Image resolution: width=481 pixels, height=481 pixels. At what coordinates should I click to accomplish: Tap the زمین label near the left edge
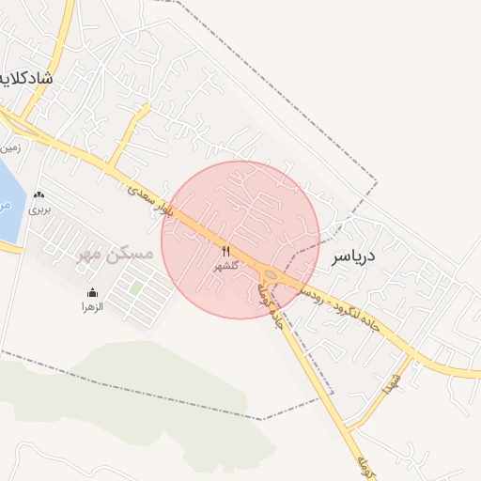(11, 147)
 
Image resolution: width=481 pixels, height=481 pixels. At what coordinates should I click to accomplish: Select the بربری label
(39, 209)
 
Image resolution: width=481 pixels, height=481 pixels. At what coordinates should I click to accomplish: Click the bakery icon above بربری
(39, 195)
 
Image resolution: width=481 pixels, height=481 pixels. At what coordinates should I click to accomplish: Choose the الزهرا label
(91, 306)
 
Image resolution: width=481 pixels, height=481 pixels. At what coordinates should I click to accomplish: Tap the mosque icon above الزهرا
(91, 292)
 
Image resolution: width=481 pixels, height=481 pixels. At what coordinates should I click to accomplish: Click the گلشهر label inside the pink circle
(226, 265)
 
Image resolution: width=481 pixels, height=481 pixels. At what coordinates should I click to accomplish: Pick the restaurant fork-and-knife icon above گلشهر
(225, 251)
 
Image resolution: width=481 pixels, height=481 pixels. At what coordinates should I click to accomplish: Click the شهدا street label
(391, 380)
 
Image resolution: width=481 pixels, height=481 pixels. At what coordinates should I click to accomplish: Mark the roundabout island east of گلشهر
(272, 274)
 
